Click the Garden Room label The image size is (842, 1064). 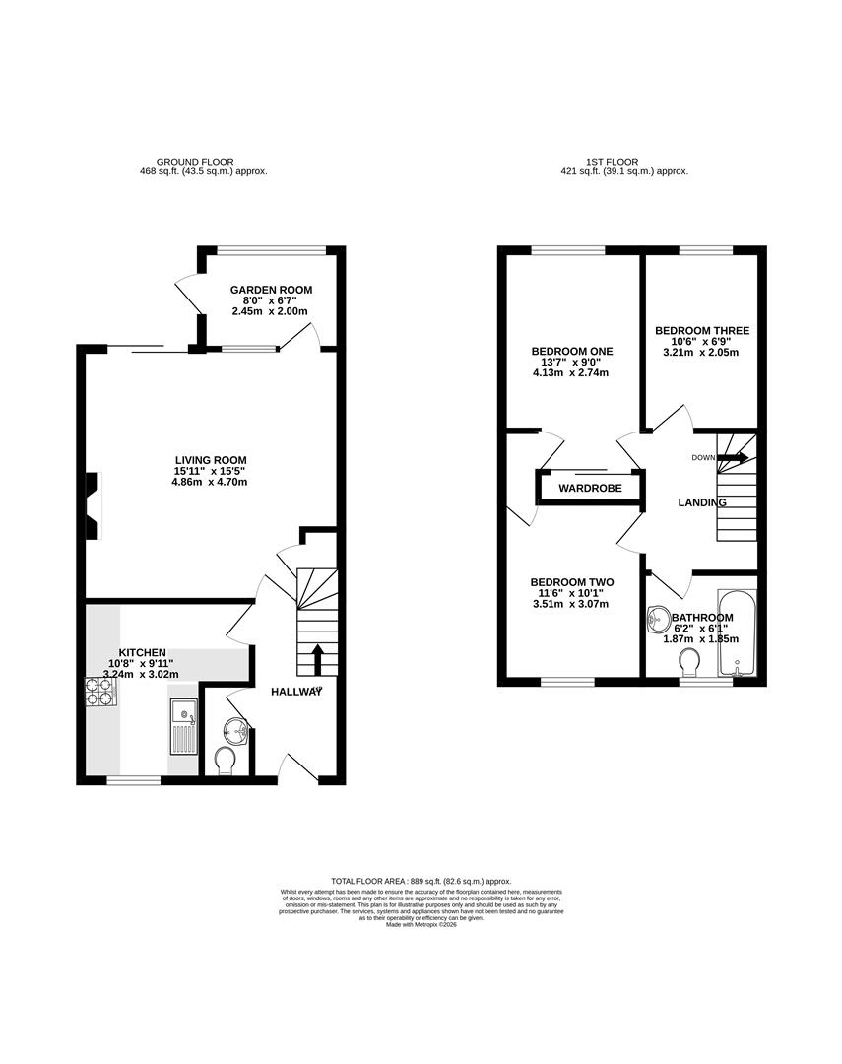pyautogui.click(x=271, y=290)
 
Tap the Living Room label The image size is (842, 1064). pyautogui.click(x=211, y=460)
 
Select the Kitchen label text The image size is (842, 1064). pyautogui.click(x=143, y=653)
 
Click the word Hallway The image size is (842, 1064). pyautogui.click(x=297, y=692)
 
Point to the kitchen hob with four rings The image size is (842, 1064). pyautogui.click(x=101, y=693)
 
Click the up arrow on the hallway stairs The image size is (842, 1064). pyautogui.click(x=317, y=658)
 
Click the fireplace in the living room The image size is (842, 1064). pyautogui.click(x=93, y=505)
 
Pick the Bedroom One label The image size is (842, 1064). pyautogui.click(x=571, y=352)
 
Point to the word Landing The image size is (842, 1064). pyautogui.click(x=702, y=502)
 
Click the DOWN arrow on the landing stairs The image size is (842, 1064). pyautogui.click(x=731, y=457)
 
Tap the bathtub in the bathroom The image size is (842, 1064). pyautogui.click(x=737, y=632)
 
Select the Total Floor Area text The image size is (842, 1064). pyautogui.click(x=421, y=881)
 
